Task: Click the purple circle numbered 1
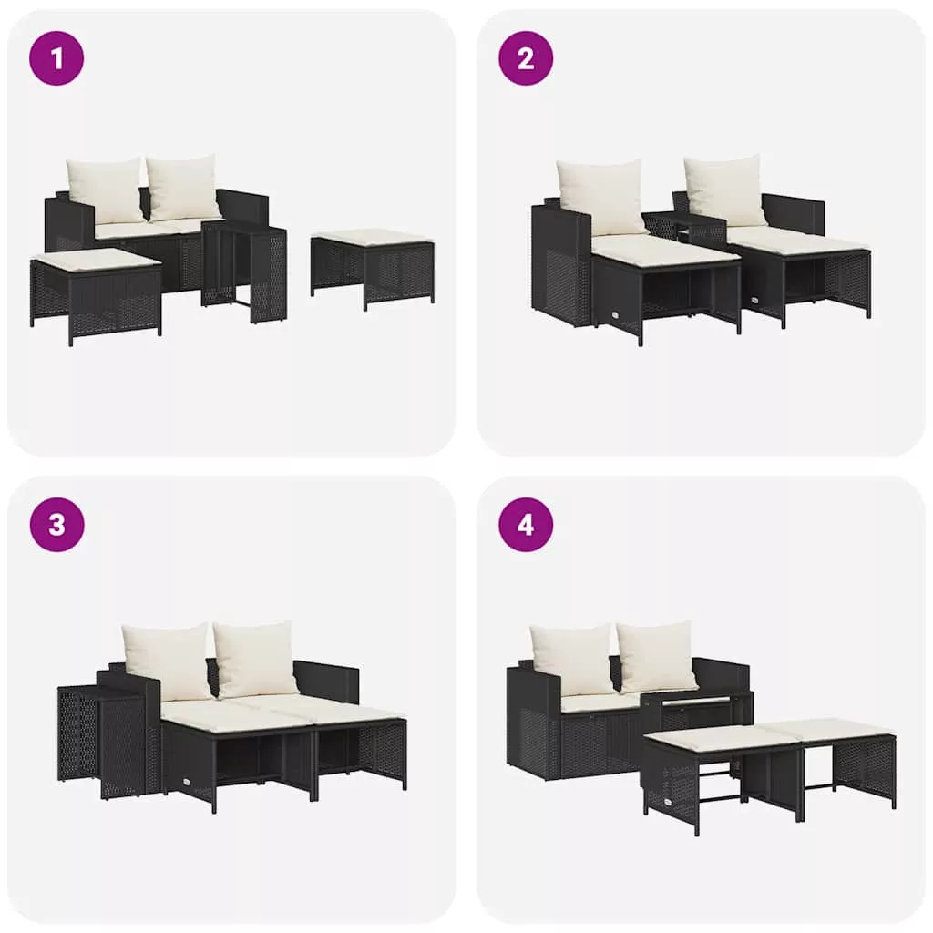click(56, 58)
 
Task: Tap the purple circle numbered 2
click(526, 58)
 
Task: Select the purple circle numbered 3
click(56, 525)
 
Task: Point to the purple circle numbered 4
click(526, 525)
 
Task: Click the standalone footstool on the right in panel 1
click(373, 267)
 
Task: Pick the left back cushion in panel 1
click(106, 190)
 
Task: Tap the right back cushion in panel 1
click(183, 187)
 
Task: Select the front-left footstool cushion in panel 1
click(95, 260)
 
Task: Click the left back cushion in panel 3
click(167, 661)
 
